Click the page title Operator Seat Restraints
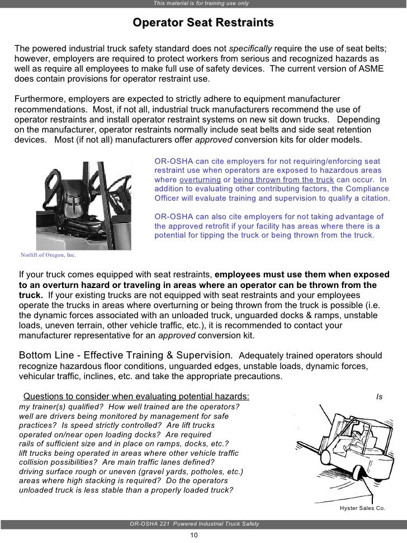203,23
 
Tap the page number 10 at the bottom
194,535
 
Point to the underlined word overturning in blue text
198,180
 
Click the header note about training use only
201,4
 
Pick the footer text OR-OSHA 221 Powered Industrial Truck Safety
194,523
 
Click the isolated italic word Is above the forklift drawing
379,397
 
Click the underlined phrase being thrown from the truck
283,180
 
